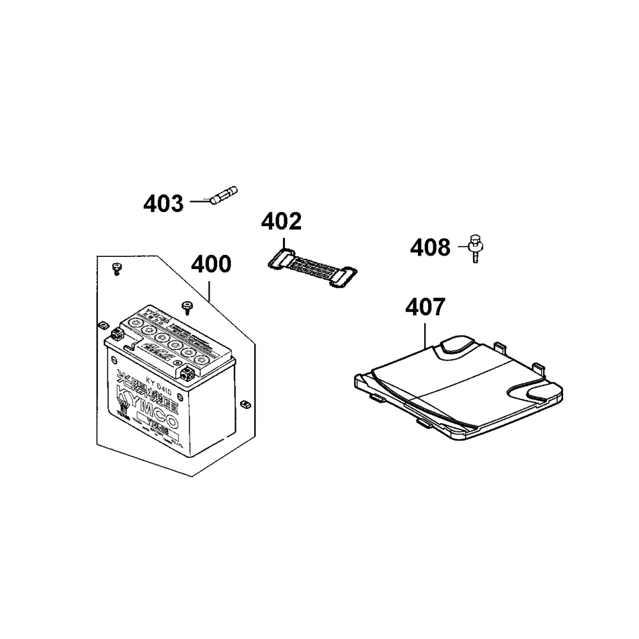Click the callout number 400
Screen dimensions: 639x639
[x=212, y=265]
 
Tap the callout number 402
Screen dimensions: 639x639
[x=281, y=222]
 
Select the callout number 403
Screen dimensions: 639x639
[x=163, y=204]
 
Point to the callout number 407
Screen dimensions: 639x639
[x=425, y=308]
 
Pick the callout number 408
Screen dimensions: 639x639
[x=430, y=247]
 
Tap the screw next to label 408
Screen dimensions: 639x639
[x=475, y=248]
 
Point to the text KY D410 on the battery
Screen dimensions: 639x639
[x=160, y=383]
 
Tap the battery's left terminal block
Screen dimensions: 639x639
[x=116, y=334]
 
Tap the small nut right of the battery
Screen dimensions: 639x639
[x=243, y=403]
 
